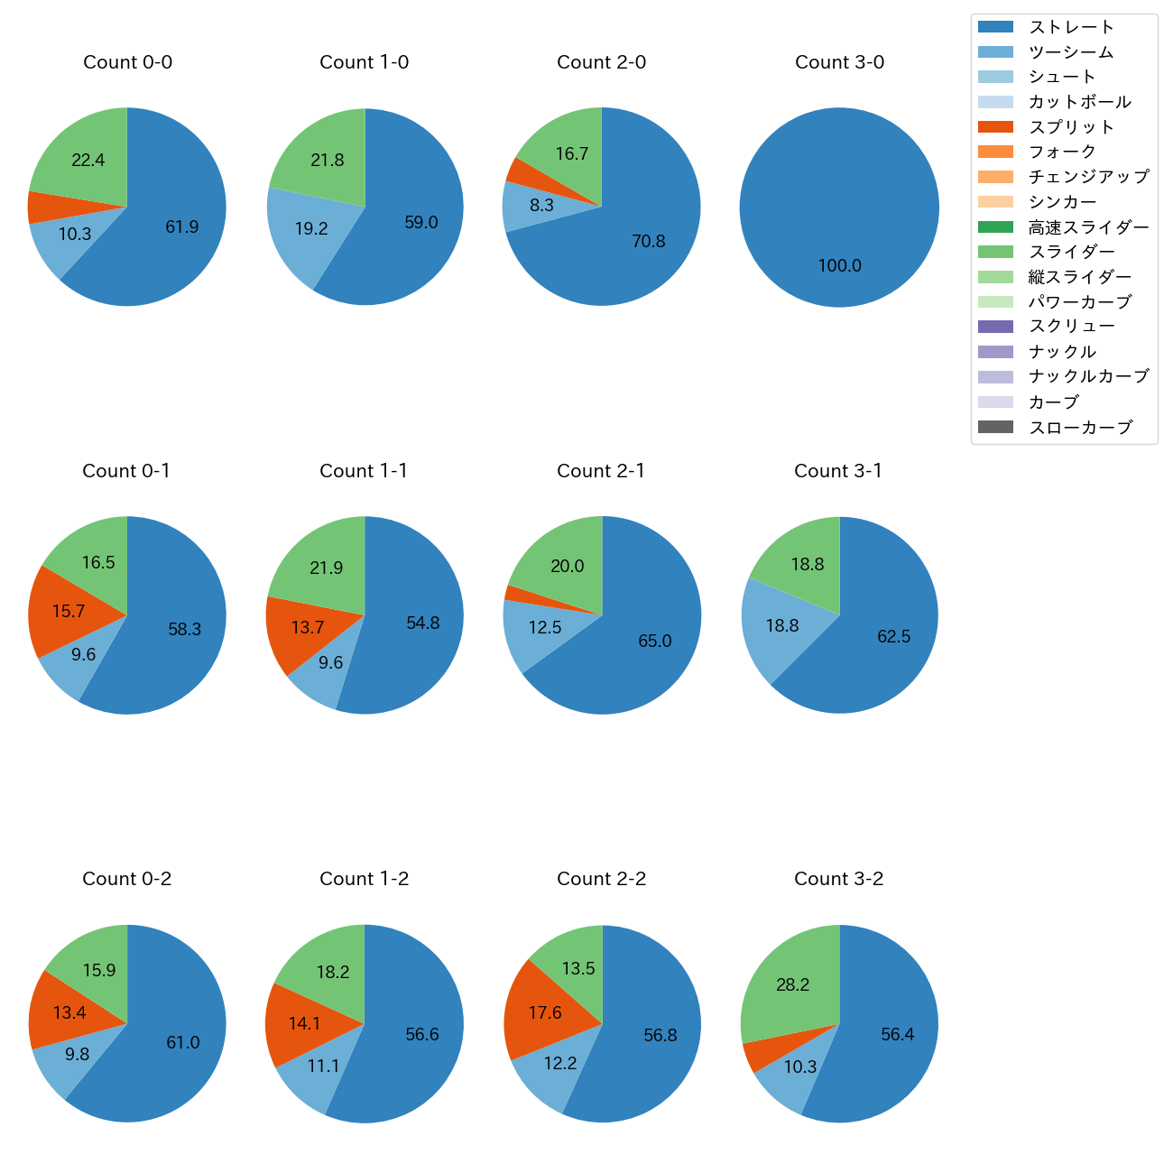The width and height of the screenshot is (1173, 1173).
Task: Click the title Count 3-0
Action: coord(839,62)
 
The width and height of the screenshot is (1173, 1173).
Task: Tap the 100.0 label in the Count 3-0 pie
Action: coord(839,266)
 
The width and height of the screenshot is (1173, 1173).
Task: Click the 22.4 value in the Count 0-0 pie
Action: coord(88,161)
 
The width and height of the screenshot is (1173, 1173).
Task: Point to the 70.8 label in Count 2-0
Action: coord(648,242)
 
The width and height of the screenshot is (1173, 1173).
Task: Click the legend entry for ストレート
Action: coord(1071,27)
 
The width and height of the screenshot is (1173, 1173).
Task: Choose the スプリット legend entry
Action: coord(1071,127)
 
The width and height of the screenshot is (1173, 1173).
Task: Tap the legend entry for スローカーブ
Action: coord(1080,428)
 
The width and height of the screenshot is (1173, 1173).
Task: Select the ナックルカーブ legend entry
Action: coord(1088,377)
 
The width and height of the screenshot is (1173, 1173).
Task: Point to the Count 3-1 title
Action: coord(838,471)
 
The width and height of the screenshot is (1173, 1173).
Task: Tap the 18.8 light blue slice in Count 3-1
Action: coord(781,626)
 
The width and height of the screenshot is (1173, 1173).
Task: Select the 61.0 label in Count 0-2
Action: coord(182,1043)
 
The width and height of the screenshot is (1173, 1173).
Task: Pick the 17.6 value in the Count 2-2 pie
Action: coord(545,1013)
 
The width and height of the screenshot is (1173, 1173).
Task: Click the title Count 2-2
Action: coord(601,879)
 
